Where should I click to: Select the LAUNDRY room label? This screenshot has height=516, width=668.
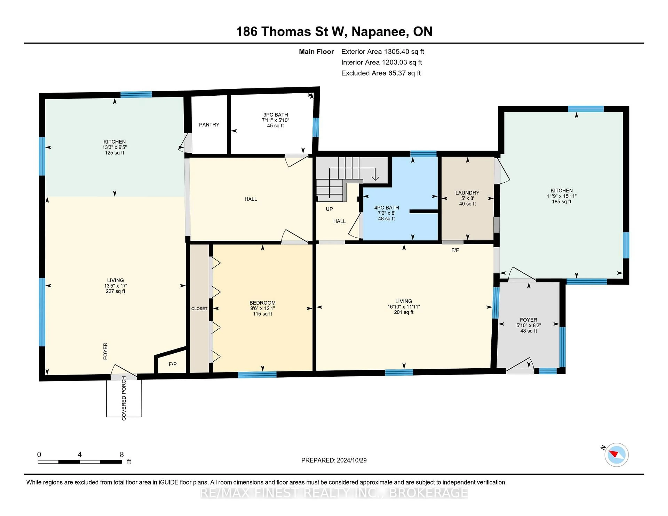point(467,193)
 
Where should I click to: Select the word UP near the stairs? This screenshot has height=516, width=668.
point(329,209)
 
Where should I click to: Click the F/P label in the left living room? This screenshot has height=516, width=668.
point(173,364)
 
